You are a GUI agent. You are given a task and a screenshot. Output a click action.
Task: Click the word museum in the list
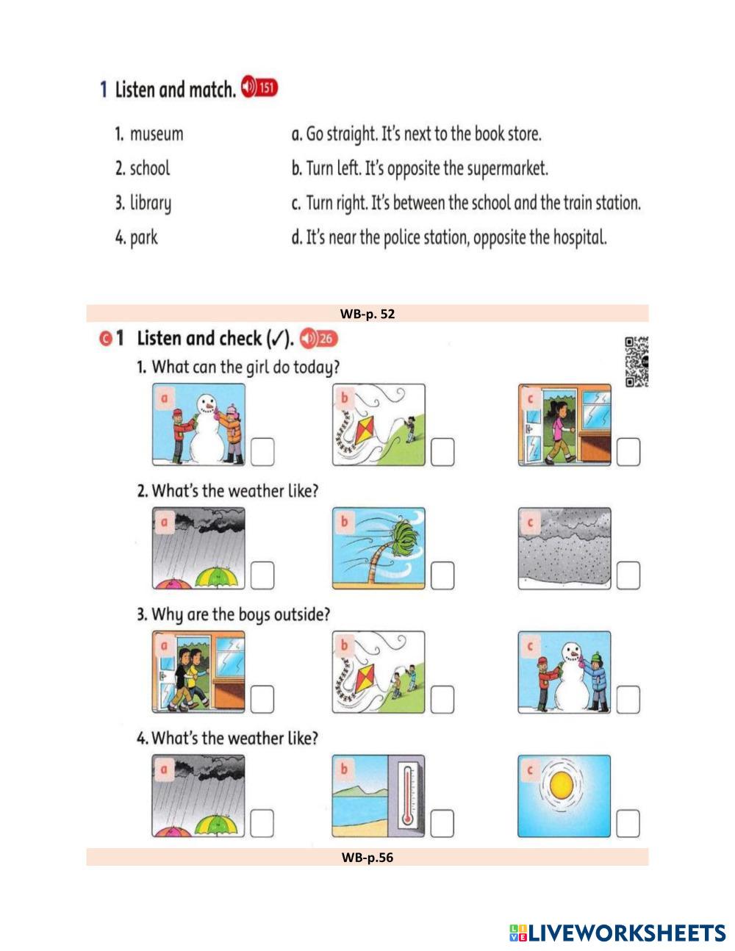157,134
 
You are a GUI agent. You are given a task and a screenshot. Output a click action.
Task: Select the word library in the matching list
151,204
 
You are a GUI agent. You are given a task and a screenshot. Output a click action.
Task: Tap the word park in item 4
143,238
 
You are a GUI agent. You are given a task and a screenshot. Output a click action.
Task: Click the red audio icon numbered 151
259,87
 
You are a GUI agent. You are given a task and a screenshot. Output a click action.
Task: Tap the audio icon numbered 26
318,338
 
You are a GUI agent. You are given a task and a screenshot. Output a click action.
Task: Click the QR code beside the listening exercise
637,362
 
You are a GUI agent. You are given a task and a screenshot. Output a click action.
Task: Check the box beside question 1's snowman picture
262,452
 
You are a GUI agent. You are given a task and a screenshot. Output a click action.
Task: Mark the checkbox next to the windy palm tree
442,575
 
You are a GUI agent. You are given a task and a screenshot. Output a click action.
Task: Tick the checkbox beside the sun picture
628,823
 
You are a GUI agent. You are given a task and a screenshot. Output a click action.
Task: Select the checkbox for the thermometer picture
442,823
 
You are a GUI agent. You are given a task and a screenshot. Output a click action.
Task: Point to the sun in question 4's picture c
562,785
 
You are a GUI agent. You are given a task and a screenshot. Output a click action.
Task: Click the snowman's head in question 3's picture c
573,654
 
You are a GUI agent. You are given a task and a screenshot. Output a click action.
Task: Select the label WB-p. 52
367,314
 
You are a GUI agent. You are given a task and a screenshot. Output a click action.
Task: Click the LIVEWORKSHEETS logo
617,933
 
